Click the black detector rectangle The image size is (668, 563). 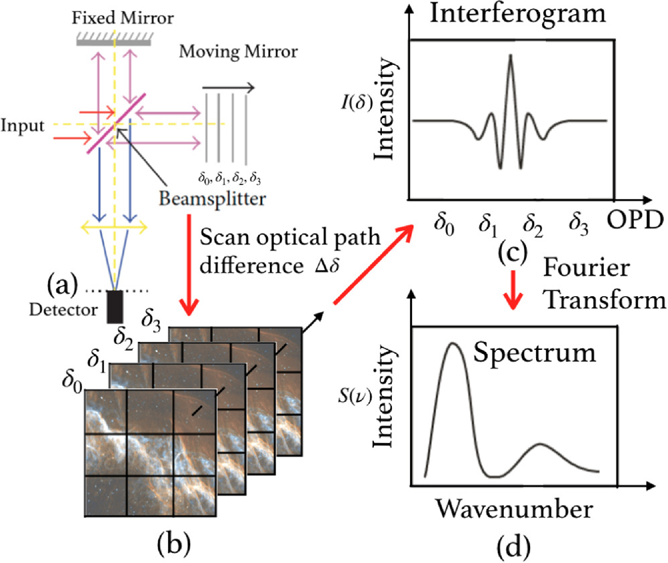pyautogui.click(x=115, y=306)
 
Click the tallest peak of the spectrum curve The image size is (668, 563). pyautogui.click(x=454, y=344)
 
